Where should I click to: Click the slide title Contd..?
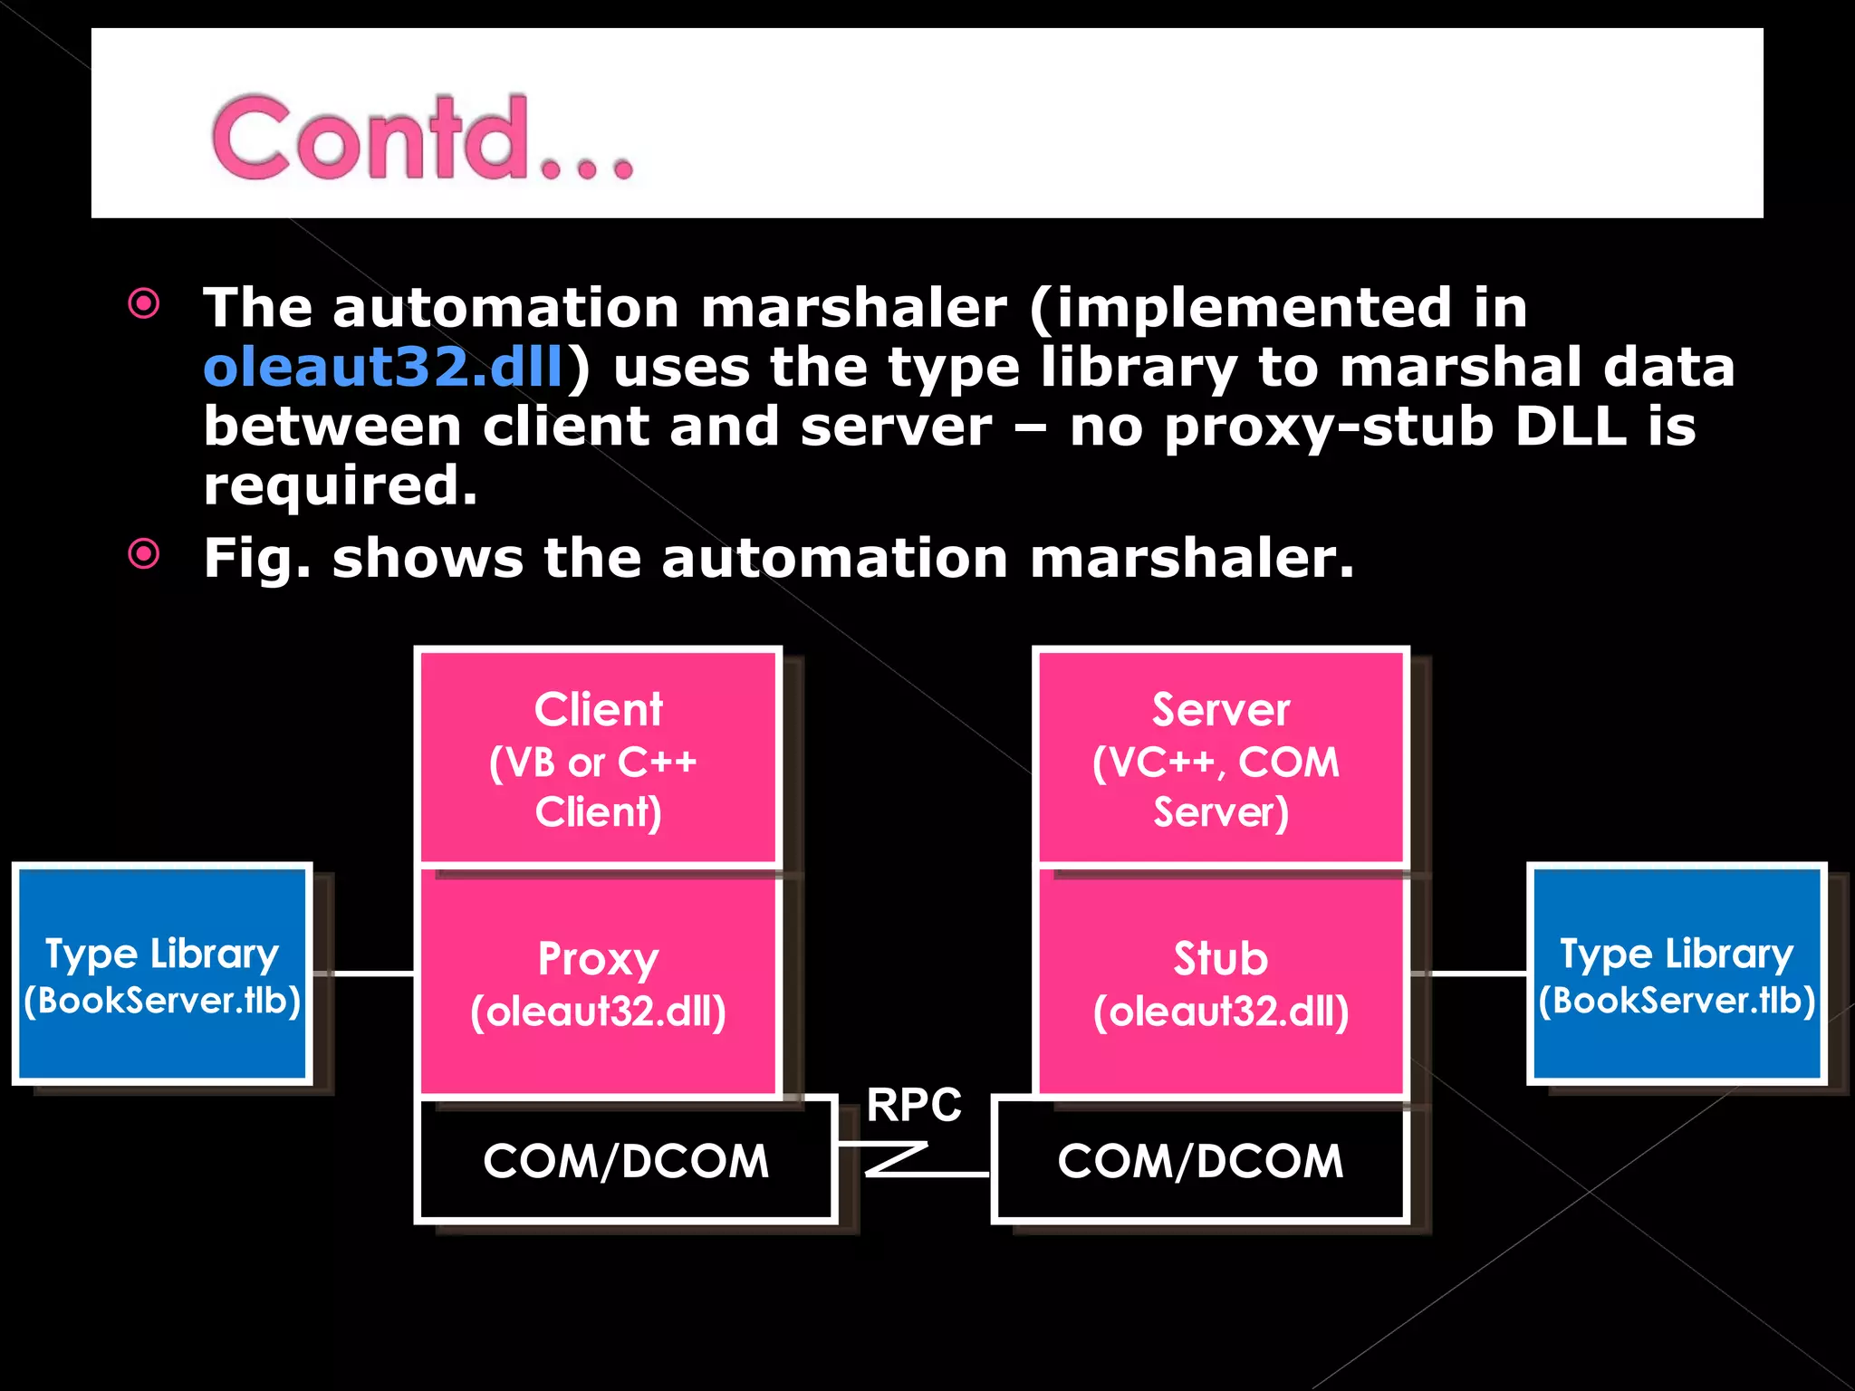coord(421,138)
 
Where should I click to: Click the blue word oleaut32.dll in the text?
coord(384,367)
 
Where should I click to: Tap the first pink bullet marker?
coord(144,303)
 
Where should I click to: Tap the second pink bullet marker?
coord(144,553)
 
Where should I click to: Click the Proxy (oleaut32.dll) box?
coord(598,984)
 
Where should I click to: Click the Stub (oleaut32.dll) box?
coord(1220,984)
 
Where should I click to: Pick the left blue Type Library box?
coord(162,974)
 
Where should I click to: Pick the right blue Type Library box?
coord(1677,974)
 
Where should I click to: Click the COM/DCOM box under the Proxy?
coord(625,1161)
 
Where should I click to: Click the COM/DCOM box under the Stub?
coord(1200,1161)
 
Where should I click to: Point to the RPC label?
coord(913,1105)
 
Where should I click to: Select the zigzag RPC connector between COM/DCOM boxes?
coord(897,1160)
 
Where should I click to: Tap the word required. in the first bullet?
coord(340,485)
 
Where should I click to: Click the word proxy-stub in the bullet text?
coord(1328,427)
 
